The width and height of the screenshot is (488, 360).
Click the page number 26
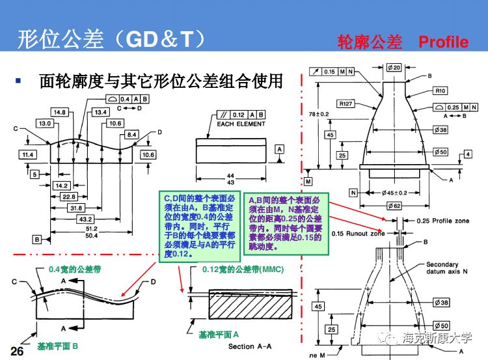coord(17,352)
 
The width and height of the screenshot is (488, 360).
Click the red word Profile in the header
coord(443,42)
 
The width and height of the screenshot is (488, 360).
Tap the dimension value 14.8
coord(61,113)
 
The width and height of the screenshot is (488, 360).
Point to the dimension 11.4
coord(27,155)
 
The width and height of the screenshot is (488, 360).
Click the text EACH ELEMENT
coord(241,124)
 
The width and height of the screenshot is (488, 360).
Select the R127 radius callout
coord(346,103)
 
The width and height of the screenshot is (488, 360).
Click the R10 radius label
coord(441,90)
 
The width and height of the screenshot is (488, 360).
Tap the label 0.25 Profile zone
coord(442,221)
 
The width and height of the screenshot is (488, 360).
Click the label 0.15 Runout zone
coord(357,233)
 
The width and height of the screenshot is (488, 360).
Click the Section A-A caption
coord(250,346)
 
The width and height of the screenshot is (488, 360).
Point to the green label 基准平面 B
coord(58,346)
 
